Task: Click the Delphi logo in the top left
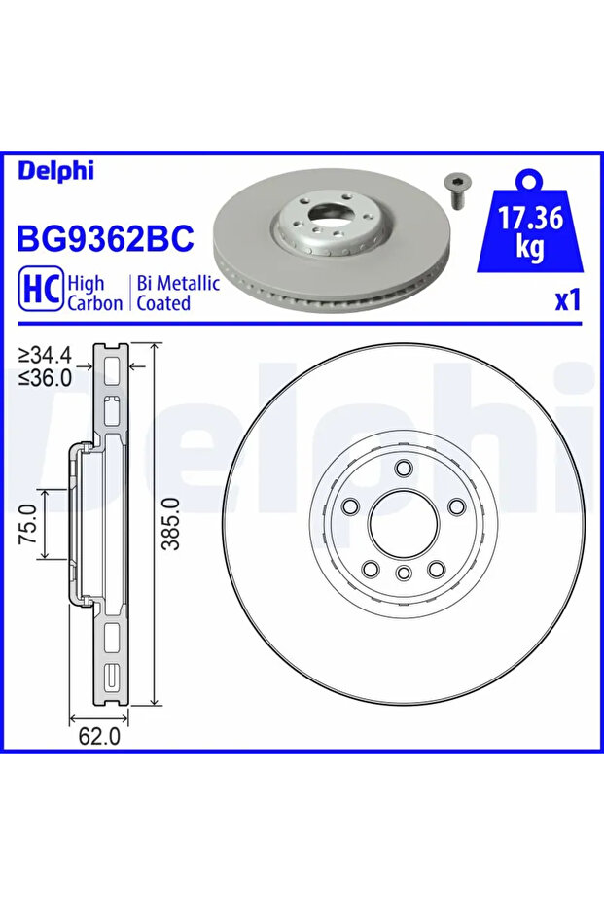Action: coord(55,171)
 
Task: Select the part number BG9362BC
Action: coord(106,238)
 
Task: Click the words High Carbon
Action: coord(94,293)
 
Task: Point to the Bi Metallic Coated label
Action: coord(178,293)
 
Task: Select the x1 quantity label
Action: coord(567,300)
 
